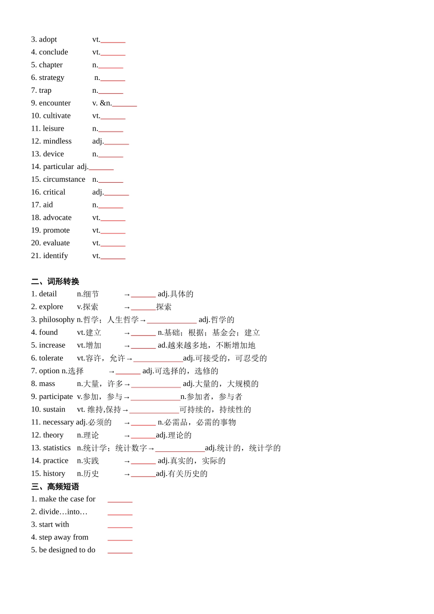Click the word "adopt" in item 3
pos(48,39)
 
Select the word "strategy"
pos(52,78)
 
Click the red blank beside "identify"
pos(113,257)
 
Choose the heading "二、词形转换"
pos(55,281)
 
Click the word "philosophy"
pos(57,320)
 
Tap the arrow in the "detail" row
pos(127,295)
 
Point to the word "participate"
pos(56,397)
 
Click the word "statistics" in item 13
pos(57,448)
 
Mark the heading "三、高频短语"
pos(55,487)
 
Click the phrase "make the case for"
pos(67,499)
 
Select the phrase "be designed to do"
pos(67,550)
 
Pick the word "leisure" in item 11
pos(53,128)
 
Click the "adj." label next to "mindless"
pos(98,141)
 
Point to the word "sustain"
pos(54,409)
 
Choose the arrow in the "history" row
pos(127,474)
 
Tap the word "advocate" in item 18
pos(57,217)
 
